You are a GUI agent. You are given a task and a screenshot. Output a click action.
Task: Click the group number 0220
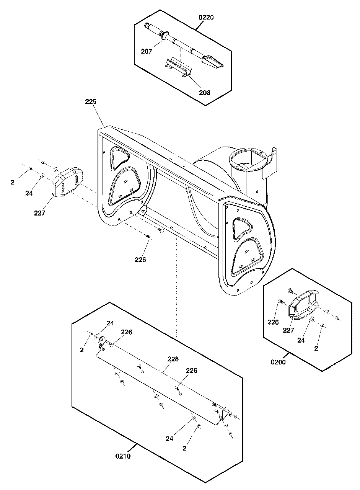coord(206,18)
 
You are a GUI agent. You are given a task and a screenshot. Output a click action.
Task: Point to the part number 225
coord(91,102)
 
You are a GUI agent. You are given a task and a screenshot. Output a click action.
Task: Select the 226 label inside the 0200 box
coord(273,322)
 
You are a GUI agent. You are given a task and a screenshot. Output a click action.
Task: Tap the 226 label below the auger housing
coord(140,260)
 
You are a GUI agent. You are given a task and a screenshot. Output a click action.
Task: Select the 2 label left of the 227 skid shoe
coord(13,183)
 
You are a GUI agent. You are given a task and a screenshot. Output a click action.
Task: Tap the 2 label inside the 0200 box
coord(316,348)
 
